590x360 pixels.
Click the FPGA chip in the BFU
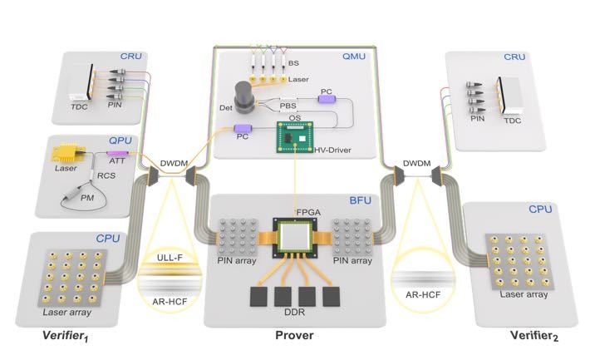click(x=296, y=237)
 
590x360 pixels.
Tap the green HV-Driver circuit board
click(x=295, y=136)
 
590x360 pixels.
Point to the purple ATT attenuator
click(x=117, y=153)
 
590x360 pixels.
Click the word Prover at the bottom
click(x=294, y=335)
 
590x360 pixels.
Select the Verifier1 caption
click(x=66, y=336)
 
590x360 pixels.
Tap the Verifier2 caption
click(x=534, y=336)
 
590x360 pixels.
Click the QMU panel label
click(x=354, y=57)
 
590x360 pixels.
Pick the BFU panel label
click(x=360, y=200)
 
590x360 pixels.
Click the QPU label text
click(x=120, y=141)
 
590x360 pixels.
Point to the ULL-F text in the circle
click(x=170, y=258)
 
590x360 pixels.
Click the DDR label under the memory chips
click(x=295, y=312)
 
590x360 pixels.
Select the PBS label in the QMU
click(x=288, y=106)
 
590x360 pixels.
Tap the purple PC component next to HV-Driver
click(x=243, y=128)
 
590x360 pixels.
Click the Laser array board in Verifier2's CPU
click(x=519, y=262)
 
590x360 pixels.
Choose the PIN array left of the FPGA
click(x=238, y=237)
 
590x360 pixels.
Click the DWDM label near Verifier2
click(x=416, y=164)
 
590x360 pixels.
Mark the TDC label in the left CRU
click(x=79, y=107)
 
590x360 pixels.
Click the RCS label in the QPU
click(x=106, y=175)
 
